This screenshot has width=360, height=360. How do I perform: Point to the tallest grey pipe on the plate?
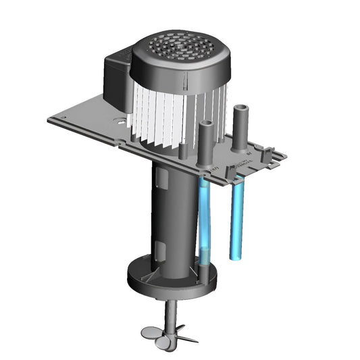point(240,128)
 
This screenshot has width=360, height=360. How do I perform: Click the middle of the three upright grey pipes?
point(205,142)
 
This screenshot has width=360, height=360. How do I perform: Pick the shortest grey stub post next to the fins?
point(183,149)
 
